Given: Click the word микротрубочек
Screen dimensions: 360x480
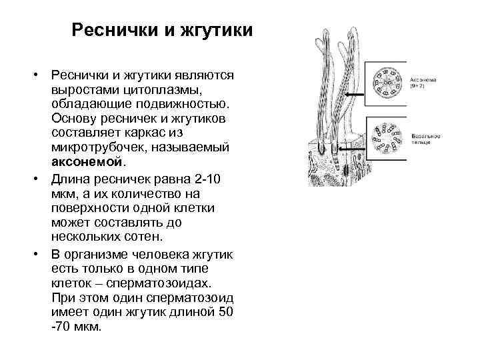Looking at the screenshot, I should [97, 147].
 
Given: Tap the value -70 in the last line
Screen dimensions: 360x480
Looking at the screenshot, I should [64, 327].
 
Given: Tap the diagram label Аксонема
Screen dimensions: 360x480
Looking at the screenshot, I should [423, 80].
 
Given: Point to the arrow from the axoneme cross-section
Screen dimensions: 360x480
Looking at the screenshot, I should [353, 95].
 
